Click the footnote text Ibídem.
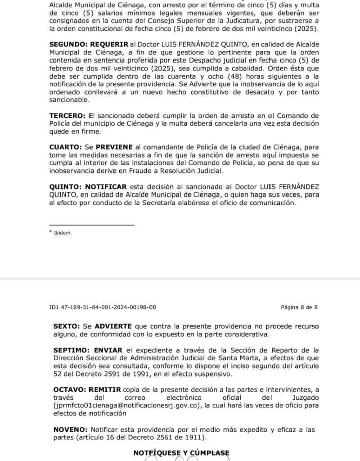(63, 233)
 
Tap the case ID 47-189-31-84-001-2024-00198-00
(108, 307)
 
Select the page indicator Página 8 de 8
(299, 307)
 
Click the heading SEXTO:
(67, 325)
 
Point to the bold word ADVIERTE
(113, 325)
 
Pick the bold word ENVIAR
(108, 350)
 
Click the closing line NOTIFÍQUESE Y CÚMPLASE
(181, 453)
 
